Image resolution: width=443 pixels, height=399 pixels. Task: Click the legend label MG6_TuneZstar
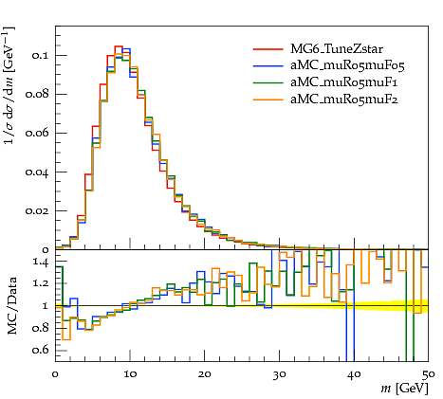pos(337,49)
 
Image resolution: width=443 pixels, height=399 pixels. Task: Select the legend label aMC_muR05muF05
pos(347,65)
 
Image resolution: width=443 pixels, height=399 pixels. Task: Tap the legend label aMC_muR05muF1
pos(344,82)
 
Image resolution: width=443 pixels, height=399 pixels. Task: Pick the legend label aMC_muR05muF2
pos(344,100)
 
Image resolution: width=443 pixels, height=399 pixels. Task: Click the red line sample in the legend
pos(268,49)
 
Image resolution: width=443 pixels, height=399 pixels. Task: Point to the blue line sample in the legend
pos(268,65)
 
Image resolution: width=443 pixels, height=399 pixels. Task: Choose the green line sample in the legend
pos(268,82)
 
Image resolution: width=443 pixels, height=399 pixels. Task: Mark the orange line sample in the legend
pos(268,100)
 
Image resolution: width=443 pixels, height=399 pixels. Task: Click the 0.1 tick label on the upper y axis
pos(40,55)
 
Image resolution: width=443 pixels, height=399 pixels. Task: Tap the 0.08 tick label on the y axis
pos(37,94)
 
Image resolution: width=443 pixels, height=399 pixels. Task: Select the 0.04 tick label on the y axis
pos(37,172)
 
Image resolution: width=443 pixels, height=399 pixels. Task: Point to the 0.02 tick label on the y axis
pos(37,210)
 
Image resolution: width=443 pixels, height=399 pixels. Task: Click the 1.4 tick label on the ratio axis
pos(41,263)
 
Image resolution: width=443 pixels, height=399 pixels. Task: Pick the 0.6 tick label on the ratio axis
pos(40,350)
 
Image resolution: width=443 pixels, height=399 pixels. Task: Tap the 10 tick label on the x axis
pos(130,374)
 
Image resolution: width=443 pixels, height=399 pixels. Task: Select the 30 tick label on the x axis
pos(279,374)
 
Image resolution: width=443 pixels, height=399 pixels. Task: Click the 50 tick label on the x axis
pos(429,374)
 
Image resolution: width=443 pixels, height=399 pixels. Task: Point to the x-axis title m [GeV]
pos(405,388)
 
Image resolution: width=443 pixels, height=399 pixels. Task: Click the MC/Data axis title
pos(11,306)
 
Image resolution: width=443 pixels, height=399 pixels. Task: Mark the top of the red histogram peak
pos(119,46)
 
